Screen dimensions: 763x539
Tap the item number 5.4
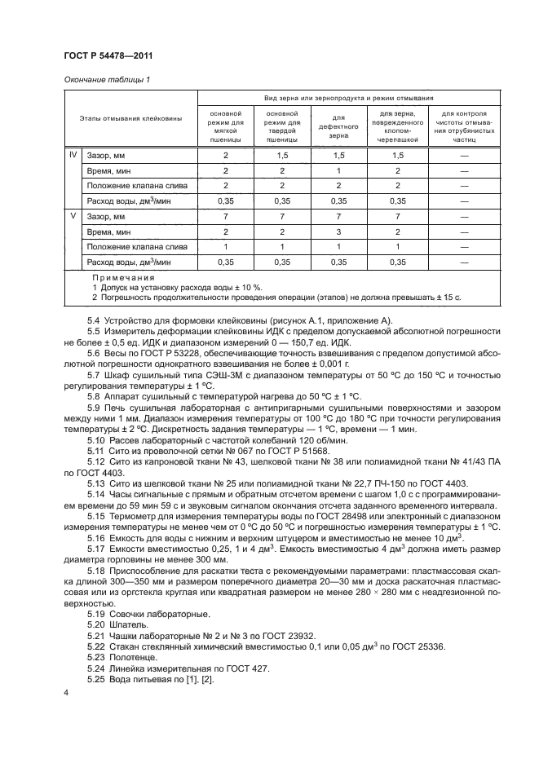(x=96, y=319)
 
